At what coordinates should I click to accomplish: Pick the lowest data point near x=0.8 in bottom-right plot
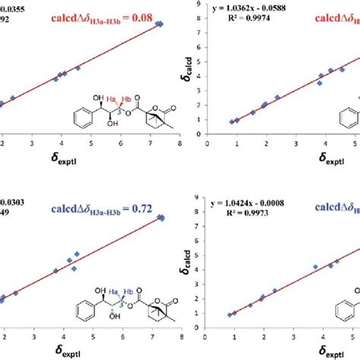click(x=231, y=315)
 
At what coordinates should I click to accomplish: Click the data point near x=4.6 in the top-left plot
click(x=78, y=68)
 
